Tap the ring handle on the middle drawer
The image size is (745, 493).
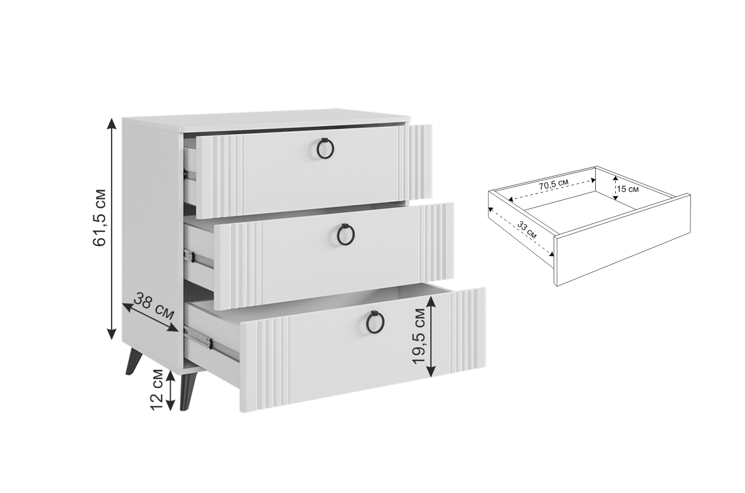[x=346, y=234]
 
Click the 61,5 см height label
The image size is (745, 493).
[x=99, y=218]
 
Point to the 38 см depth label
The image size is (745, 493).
[x=154, y=305]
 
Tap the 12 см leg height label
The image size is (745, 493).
[x=157, y=390]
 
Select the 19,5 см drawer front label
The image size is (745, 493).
[x=420, y=336]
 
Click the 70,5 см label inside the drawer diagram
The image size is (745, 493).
[x=554, y=184]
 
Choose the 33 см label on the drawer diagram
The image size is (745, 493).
[x=527, y=230]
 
